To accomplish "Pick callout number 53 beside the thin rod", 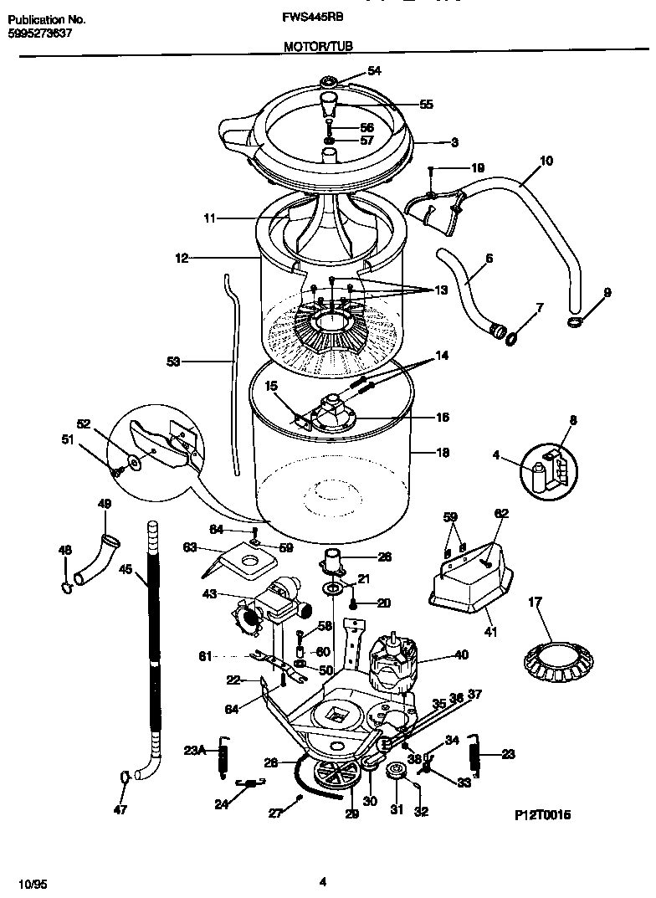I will (173, 362).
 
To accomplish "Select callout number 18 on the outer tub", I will (443, 453).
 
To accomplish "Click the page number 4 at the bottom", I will (323, 880).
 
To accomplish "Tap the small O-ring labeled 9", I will (574, 322).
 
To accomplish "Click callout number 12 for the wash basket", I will (181, 259).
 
